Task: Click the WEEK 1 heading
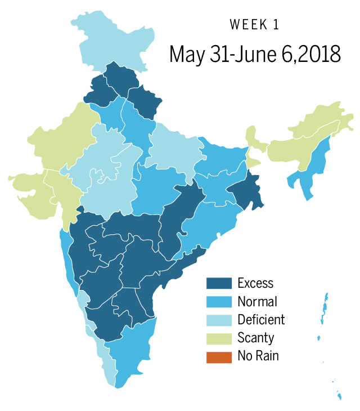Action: pyautogui.click(x=254, y=25)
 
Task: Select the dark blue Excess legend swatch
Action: pyautogui.click(x=219, y=283)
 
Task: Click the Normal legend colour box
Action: pyautogui.click(x=219, y=301)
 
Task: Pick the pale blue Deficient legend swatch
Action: pyautogui.click(x=219, y=320)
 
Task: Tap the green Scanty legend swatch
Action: pyautogui.click(x=219, y=338)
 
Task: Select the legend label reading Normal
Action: pyautogui.click(x=257, y=301)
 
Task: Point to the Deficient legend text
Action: pyautogui.click(x=261, y=320)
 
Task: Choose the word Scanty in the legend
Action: pyautogui.click(x=256, y=338)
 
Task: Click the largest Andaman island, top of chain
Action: pyautogui.click(x=326, y=307)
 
